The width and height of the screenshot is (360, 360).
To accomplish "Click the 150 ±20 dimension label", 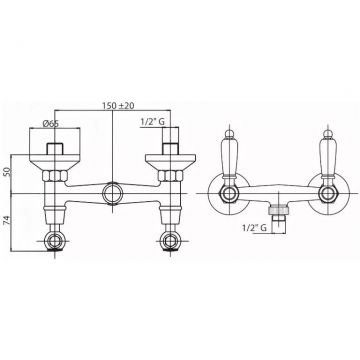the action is pyautogui.click(x=117, y=106).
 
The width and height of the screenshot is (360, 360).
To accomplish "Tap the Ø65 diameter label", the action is pyautogui.click(x=51, y=123).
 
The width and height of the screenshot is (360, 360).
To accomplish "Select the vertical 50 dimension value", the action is pyautogui.click(x=8, y=172).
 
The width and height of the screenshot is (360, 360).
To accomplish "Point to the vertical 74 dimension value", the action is pyautogui.click(x=8, y=220).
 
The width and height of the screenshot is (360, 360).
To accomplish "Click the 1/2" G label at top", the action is pyautogui.click(x=153, y=122).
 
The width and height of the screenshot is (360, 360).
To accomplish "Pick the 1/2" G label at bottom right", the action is pyautogui.click(x=254, y=228).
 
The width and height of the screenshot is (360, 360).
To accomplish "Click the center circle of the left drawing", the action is pyautogui.click(x=112, y=193).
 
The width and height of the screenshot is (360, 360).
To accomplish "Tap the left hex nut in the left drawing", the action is pyautogui.click(x=55, y=176).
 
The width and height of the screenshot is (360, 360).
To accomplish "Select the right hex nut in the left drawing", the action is pyautogui.click(x=170, y=176).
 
